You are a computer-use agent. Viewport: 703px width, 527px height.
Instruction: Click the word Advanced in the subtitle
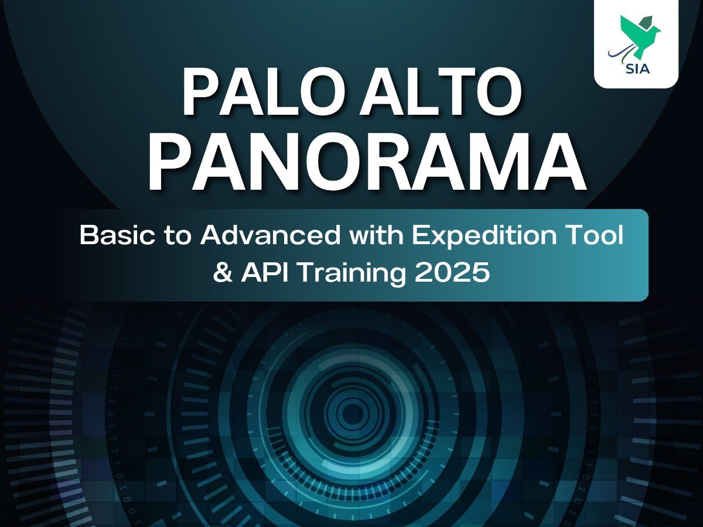270,235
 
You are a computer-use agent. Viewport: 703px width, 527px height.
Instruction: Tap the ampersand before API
223,272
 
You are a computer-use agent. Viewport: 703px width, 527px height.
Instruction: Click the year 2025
452,272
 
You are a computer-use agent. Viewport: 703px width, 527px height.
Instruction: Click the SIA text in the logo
637,68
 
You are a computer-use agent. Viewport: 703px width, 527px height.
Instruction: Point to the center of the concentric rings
352,413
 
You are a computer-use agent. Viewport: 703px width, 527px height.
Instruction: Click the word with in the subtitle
376,235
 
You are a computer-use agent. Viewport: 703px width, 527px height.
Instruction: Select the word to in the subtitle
178,237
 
